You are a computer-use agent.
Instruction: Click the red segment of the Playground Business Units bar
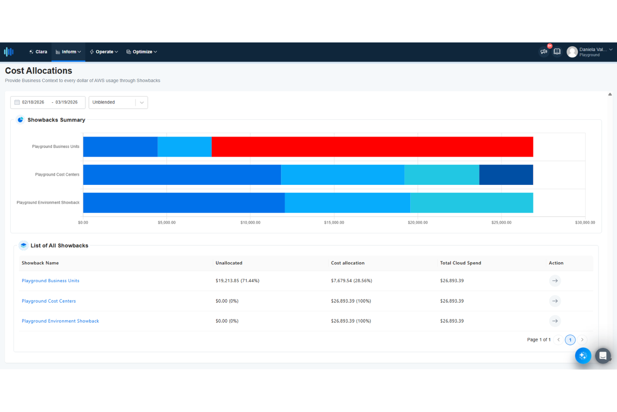[x=372, y=147]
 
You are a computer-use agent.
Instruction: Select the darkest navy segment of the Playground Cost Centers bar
[x=506, y=175]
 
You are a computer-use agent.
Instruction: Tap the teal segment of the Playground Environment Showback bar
[x=471, y=203]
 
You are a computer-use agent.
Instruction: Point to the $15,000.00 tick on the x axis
[x=334, y=222]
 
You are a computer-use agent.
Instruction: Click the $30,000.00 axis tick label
[x=584, y=222]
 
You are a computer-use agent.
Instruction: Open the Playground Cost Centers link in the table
[x=49, y=301]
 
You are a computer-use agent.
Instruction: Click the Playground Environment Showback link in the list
[x=60, y=321]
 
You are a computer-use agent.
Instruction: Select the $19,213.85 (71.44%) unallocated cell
[x=237, y=281]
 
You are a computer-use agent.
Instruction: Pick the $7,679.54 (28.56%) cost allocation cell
[x=351, y=281]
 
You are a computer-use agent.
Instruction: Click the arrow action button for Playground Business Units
[x=554, y=281]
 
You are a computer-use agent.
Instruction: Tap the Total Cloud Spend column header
[x=460, y=263]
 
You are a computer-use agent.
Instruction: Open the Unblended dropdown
[x=118, y=102]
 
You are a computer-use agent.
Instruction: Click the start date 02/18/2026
[x=33, y=102]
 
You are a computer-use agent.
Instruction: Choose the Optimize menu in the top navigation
[x=142, y=52]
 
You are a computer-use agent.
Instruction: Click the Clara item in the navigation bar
[x=38, y=52]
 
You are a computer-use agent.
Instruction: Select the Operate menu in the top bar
[x=104, y=52]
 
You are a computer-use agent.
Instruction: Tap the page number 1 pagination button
[x=570, y=340]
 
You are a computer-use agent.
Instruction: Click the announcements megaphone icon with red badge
[x=544, y=51]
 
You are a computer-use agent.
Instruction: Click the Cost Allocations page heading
[x=38, y=71]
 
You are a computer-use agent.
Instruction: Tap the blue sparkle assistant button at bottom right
[x=583, y=356]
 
